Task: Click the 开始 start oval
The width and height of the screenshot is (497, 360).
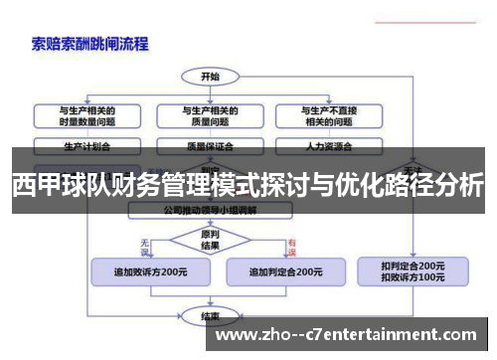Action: tap(210, 76)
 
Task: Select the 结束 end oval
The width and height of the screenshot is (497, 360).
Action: tap(210, 316)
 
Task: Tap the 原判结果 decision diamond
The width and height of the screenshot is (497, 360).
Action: tap(210, 240)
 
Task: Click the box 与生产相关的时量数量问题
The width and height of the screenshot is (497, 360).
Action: tap(86, 115)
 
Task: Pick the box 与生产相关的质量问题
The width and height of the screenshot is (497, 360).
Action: tap(210, 115)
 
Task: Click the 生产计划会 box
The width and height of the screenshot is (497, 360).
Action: tap(86, 144)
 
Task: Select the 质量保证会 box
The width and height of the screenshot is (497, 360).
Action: tap(210, 144)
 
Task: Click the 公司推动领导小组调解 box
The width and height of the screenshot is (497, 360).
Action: tap(210, 211)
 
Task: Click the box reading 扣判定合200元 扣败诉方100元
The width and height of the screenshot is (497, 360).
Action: tap(413, 270)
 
